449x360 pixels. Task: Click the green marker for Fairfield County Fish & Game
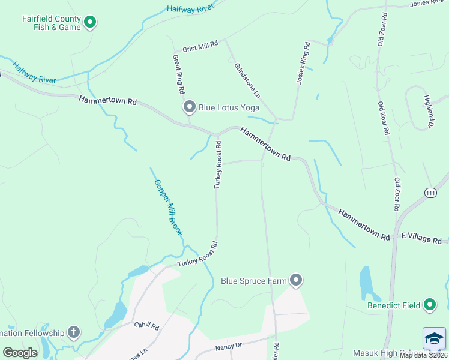(x=90, y=23)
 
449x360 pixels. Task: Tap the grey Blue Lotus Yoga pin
(x=190, y=107)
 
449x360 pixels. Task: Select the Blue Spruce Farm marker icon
(x=295, y=280)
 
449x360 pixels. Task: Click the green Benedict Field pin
(x=430, y=305)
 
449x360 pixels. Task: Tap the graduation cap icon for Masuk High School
(x=434, y=338)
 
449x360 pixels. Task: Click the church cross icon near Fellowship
(x=73, y=332)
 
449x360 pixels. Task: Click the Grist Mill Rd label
(x=200, y=46)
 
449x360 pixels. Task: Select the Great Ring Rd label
(x=178, y=74)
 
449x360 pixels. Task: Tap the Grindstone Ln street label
(x=247, y=80)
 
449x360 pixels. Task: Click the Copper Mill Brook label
(x=168, y=207)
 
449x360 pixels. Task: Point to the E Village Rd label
(x=421, y=239)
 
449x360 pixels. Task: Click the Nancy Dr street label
(x=228, y=346)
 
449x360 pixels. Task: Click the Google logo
(x=20, y=352)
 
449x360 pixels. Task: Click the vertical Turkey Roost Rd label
(x=219, y=165)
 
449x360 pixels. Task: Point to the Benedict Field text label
(x=394, y=305)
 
